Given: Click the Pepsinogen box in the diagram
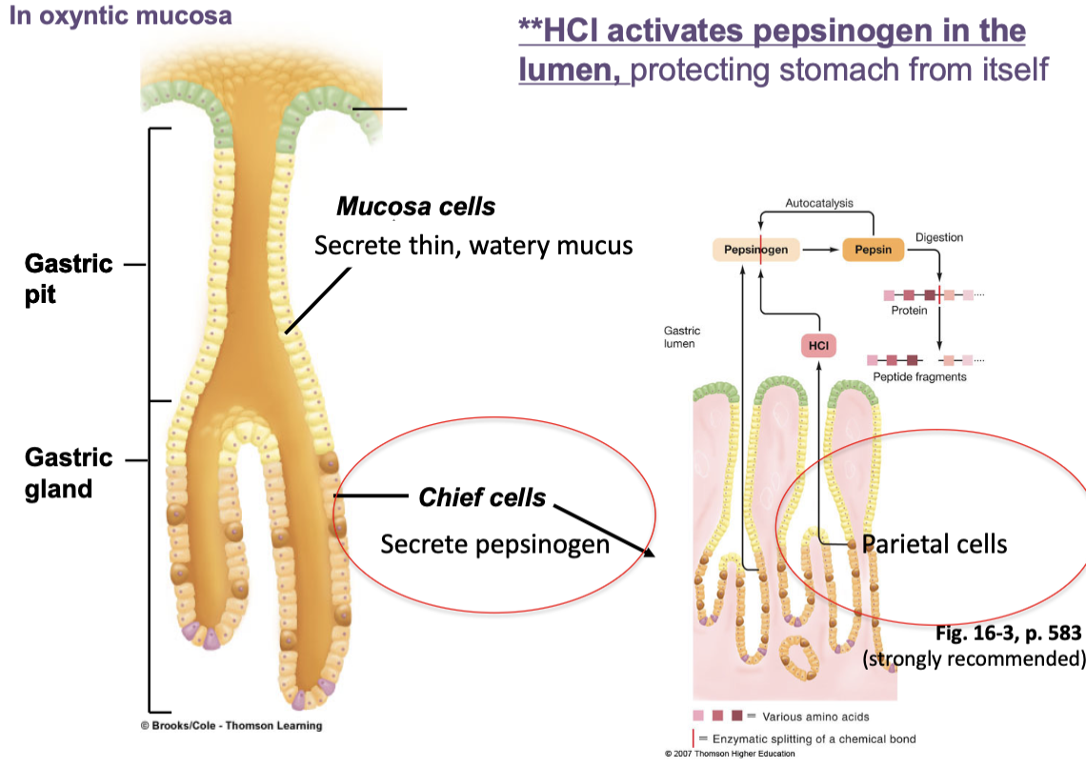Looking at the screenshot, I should [754, 250].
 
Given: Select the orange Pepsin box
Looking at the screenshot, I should [873, 250].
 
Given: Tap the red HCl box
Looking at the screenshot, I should [817, 346].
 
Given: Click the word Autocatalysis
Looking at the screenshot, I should [818, 203].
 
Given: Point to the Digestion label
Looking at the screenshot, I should [939, 237].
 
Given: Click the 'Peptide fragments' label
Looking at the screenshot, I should [919, 377].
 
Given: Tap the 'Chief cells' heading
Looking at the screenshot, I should [482, 497].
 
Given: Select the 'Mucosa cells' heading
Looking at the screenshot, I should [415, 207].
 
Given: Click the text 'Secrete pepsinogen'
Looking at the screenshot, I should [494, 544].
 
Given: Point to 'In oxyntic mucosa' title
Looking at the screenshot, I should [120, 15].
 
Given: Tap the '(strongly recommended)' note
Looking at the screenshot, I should [974, 658].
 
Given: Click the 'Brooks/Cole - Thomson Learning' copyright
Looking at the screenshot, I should [231, 726].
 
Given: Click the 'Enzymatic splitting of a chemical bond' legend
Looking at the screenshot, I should [814, 738].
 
